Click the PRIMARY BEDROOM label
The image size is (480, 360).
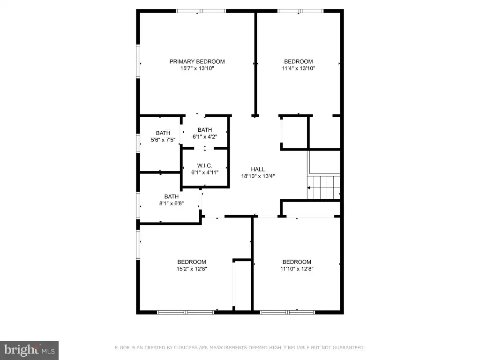[x=197, y=61]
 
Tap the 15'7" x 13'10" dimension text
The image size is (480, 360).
[x=197, y=68]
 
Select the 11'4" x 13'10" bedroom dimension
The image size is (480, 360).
[x=299, y=68]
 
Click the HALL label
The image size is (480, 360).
[x=258, y=169]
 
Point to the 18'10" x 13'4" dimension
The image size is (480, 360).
[x=258, y=176]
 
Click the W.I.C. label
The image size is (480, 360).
[x=204, y=165]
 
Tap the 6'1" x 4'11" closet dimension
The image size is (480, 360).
[x=204, y=172]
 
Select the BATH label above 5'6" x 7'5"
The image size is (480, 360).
[x=163, y=133]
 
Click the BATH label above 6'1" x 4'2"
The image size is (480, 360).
[x=205, y=130]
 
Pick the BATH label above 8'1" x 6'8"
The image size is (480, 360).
[x=172, y=196]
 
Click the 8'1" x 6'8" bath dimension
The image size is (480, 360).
[x=172, y=203]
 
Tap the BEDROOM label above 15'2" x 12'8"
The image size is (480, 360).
[x=192, y=262]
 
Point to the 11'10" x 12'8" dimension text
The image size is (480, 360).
[x=297, y=269]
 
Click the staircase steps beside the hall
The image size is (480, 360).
[x=324, y=187]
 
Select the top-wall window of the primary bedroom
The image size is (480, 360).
[x=201, y=11]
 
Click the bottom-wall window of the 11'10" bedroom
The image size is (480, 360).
[x=287, y=312]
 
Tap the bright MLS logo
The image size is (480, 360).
[x=29, y=350]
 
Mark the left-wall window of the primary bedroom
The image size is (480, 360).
[x=138, y=61]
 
